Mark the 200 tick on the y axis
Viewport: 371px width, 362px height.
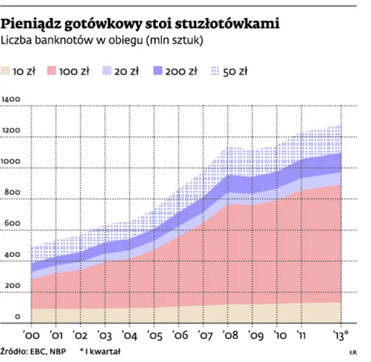12,286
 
